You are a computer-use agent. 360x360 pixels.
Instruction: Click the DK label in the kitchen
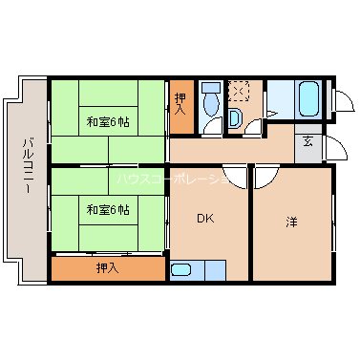(205, 219)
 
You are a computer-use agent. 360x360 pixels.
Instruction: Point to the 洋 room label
(290, 222)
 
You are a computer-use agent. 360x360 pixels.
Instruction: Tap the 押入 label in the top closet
(181, 103)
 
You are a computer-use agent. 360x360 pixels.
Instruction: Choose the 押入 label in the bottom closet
(107, 268)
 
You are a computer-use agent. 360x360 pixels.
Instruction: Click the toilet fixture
(211, 97)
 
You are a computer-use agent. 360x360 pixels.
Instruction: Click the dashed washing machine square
(240, 93)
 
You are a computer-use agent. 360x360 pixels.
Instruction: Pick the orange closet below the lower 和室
(107, 268)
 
